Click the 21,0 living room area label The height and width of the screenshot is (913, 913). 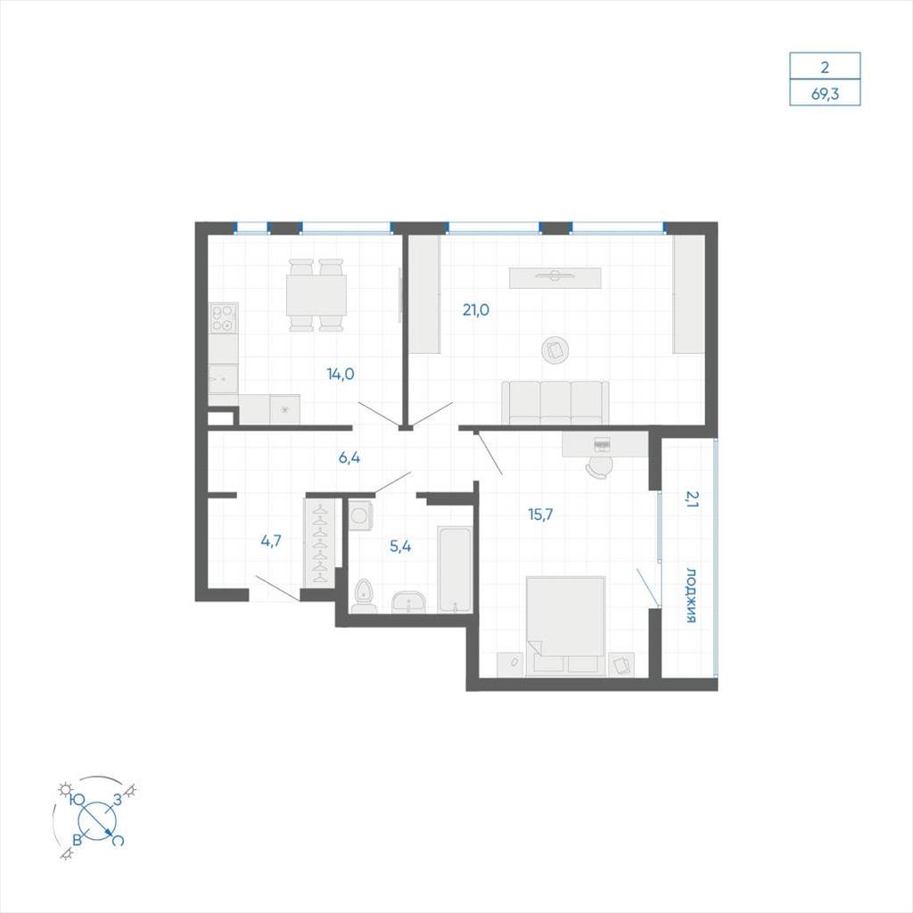pos(476,310)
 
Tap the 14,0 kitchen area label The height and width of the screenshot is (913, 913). pos(341,374)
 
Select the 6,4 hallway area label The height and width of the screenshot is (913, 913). pos(350,457)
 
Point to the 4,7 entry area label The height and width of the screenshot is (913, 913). pos(271,541)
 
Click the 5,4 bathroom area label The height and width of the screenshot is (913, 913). pos(400,547)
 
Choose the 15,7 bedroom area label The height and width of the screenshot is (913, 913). pos(540,514)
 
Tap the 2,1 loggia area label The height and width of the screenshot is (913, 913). pos(691,499)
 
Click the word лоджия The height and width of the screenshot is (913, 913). pos(691,595)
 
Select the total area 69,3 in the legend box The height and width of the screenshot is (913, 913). pos(825,93)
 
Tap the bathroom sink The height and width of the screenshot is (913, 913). pos(409,602)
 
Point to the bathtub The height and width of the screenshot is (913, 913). pos(455,570)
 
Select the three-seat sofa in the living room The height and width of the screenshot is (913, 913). pos(555,403)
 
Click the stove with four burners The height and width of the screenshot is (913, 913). pos(224,318)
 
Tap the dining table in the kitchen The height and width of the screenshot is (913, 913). pos(317,295)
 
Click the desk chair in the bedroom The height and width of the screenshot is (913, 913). pos(600,467)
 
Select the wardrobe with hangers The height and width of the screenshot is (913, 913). pos(320,543)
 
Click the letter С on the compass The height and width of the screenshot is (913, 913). pos(118,840)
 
